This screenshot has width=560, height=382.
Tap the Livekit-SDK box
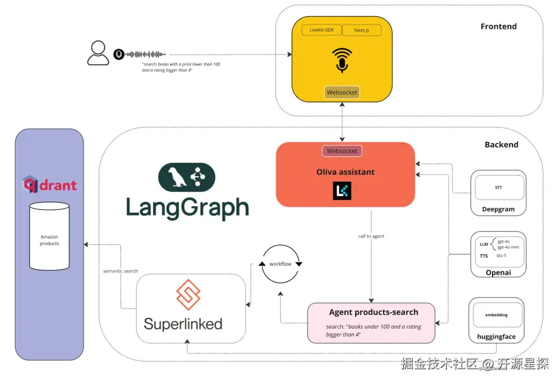(321, 30)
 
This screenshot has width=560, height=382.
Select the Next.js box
(361, 30)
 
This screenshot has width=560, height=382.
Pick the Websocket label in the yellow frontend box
(342, 93)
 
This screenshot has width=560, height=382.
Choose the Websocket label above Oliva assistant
(342, 151)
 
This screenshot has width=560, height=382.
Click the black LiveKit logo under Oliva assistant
(342, 191)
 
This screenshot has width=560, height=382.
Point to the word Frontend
(498, 26)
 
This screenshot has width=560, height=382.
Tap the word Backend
(501, 145)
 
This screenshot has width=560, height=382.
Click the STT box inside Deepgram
(498, 188)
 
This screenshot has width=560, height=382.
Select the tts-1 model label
(501, 256)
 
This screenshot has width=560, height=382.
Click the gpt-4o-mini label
(508, 247)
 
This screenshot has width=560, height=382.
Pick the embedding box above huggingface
(496, 315)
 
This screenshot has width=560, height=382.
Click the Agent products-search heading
(373, 312)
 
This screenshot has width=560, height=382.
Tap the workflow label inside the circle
(281, 264)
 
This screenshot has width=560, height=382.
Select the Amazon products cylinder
(49, 236)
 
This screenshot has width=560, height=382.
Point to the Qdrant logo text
(50, 185)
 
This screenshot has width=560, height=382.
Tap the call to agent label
(371, 236)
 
